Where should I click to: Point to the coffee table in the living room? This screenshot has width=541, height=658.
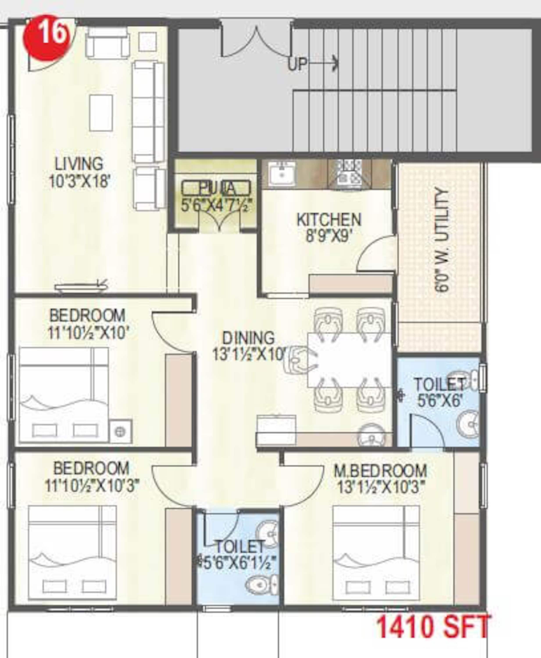point(101,113)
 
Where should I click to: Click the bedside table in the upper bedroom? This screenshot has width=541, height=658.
point(120,432)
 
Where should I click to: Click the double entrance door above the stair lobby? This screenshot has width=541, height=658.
point(256,39)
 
